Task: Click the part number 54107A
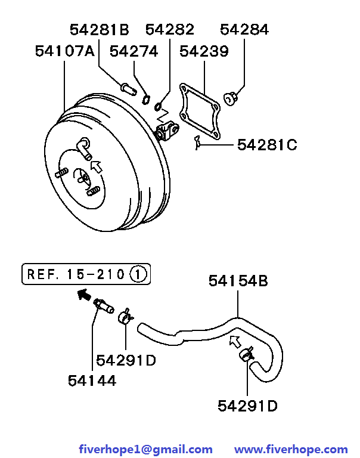(x=65, y=51)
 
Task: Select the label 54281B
(x=100, y=29)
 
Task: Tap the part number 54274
(x=134, y=51)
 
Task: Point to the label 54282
(x=170, y=29)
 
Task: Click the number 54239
(x=204, y=51)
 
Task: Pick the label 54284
(x=244, y=29)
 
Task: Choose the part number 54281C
(x=267, y=144)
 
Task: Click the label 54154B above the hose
(x=238, y=281)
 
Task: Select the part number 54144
(x=92, y=380)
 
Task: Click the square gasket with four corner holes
(x=200, y=112)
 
